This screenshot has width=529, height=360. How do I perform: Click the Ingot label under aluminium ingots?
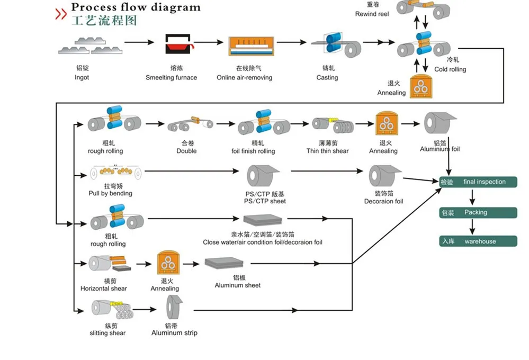pyautogui.click(x=82, y=77)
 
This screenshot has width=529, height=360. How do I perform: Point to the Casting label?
pyautogui.click(x=327, y=77)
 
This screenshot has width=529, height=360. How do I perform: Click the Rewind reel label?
pyautogui.click(x=372, y=14)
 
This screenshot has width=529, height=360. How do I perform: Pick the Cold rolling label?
pyautogui.click(x=450, y=69)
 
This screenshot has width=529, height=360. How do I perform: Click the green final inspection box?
pyautogui.click(x=478, y=182)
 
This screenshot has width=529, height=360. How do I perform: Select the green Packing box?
pyautogui.click(x=478, y=212)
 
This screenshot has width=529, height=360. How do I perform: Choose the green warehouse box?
pyautogui.click(x=478, y=241)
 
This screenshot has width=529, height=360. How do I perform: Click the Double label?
pyautogui.click(x=186, y=151)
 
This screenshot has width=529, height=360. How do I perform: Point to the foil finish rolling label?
pyautogui.click(x=253, y=151)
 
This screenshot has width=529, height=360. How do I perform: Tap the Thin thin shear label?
pyautogui.click(x=327, y=151)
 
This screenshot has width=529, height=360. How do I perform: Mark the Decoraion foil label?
pyautogui.click(x=383, y=201)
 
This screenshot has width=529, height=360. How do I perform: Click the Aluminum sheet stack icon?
pyautogui.click(x=224, y=263)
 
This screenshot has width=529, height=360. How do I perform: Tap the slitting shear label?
pyautogui.click(x=107, y=333)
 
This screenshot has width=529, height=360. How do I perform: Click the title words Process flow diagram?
pyautogui.click(x=136, y=7)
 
